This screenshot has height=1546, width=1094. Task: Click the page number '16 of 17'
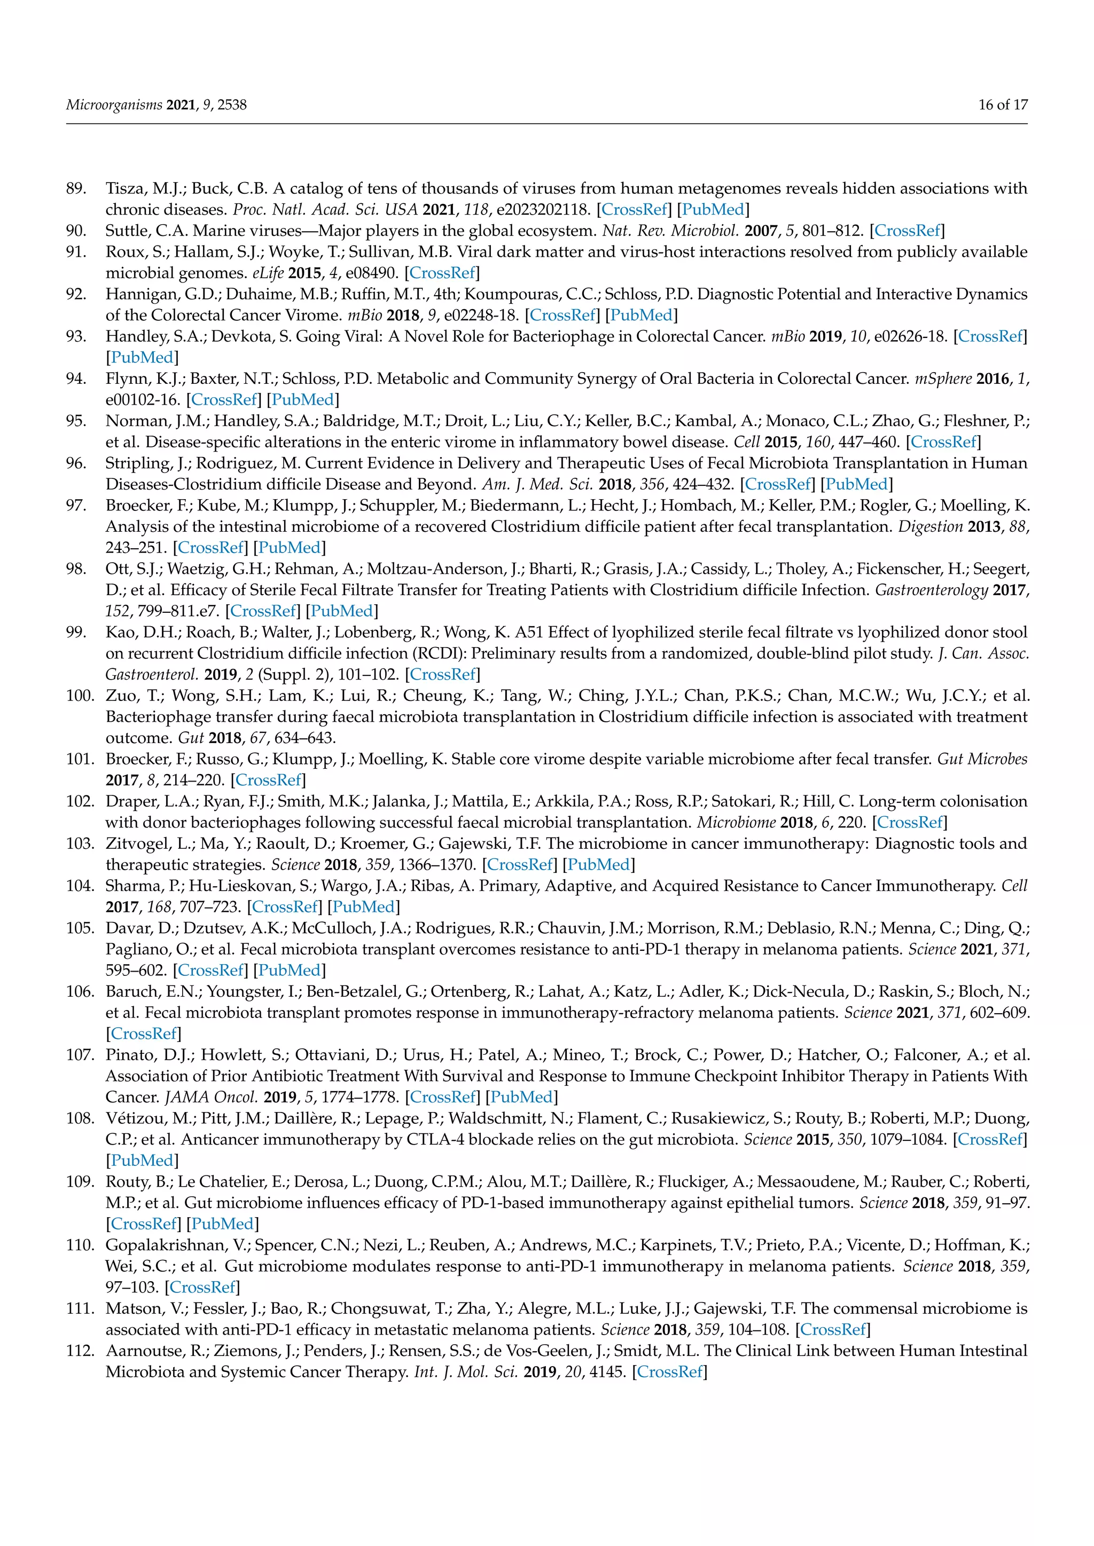[x=1003, y=105]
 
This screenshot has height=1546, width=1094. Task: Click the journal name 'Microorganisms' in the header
[x=114, y=105]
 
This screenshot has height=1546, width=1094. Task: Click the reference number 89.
[x=76, y=188]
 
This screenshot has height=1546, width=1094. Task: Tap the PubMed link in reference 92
[x=642, y=315]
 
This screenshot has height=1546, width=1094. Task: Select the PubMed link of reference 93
[x=142, y=358]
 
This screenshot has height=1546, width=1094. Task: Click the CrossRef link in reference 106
[x=144, y=1034]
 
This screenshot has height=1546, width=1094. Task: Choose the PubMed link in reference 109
[x=222, y=1224]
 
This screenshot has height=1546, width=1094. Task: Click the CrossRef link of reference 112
[x=670, y=1371]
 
